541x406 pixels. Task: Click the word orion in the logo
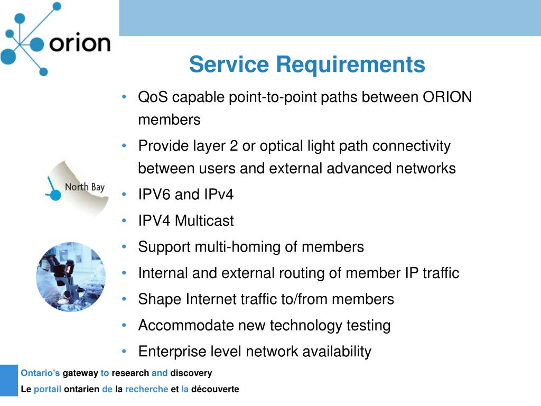point(80,43)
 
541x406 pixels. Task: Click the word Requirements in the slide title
point(351,64)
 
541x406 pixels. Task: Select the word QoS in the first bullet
point(153,97)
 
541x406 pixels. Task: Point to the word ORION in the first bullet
point(447,97)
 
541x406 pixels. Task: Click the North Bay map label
point(85,187)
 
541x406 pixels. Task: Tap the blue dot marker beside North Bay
point(55,195)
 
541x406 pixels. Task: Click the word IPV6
point(155,194)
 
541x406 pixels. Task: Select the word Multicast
point(204,220)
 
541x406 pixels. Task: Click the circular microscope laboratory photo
point(71,277)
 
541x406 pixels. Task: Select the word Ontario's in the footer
point(40,373)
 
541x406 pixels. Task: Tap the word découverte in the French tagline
point(215,389)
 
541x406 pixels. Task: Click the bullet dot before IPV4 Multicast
point(124,220)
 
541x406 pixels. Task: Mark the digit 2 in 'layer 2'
point(234,146)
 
